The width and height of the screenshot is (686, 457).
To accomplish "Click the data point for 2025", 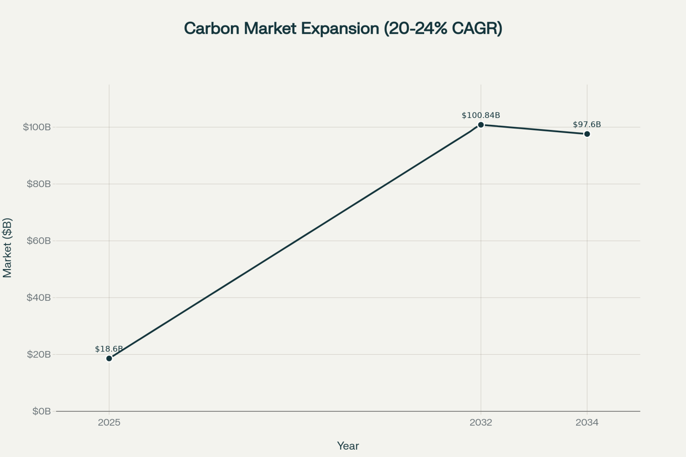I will pyautogui.click(x=109, y=358).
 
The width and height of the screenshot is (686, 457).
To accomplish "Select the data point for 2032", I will pyautogui.click(x=481, y=125).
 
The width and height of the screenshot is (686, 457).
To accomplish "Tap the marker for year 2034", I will pyautogui.click(x=587, y=134).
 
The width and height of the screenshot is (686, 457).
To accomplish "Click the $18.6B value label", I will pyautogui.click(x=109, y=349).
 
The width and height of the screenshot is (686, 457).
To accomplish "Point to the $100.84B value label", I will pyautogui.click(x=481, y=115).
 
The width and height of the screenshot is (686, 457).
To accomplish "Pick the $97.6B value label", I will pyautogui.click(x=587, y=124).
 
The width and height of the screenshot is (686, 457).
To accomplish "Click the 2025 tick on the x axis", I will pyautogui.click(x=109, y=422).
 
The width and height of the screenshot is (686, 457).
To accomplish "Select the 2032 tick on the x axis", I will pyautogui.click(x=481, y=422).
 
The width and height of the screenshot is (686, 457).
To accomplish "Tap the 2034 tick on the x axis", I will pyautogui.click(x=587, y=422).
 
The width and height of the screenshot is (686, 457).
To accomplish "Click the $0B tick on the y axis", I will pyautogui.click(x=41, y=411).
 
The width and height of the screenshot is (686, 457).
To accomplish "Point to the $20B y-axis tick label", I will pyautogui.click(x=39, y=354).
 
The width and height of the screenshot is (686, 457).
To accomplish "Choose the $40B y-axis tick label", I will pyautogui.click(x=39, y=298).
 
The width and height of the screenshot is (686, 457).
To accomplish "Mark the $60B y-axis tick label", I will pyautogui.click(x=39, y=241).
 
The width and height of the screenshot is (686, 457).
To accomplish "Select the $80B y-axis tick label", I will pyautogui.click(x=39, y=184).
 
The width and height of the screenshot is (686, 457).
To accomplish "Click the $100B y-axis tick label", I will pyautogui.click(x=37, y=127).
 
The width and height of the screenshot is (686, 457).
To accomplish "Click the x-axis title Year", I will pyautogui.click(x=348, y=446).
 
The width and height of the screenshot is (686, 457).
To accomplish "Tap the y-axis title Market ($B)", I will pyautogui.click(x=7, y=248).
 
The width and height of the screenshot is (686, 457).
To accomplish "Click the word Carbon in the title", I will pyautogui.click(x=212, y=29).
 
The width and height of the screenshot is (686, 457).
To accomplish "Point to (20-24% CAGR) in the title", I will pyautogui.click(x=443, y=29).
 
